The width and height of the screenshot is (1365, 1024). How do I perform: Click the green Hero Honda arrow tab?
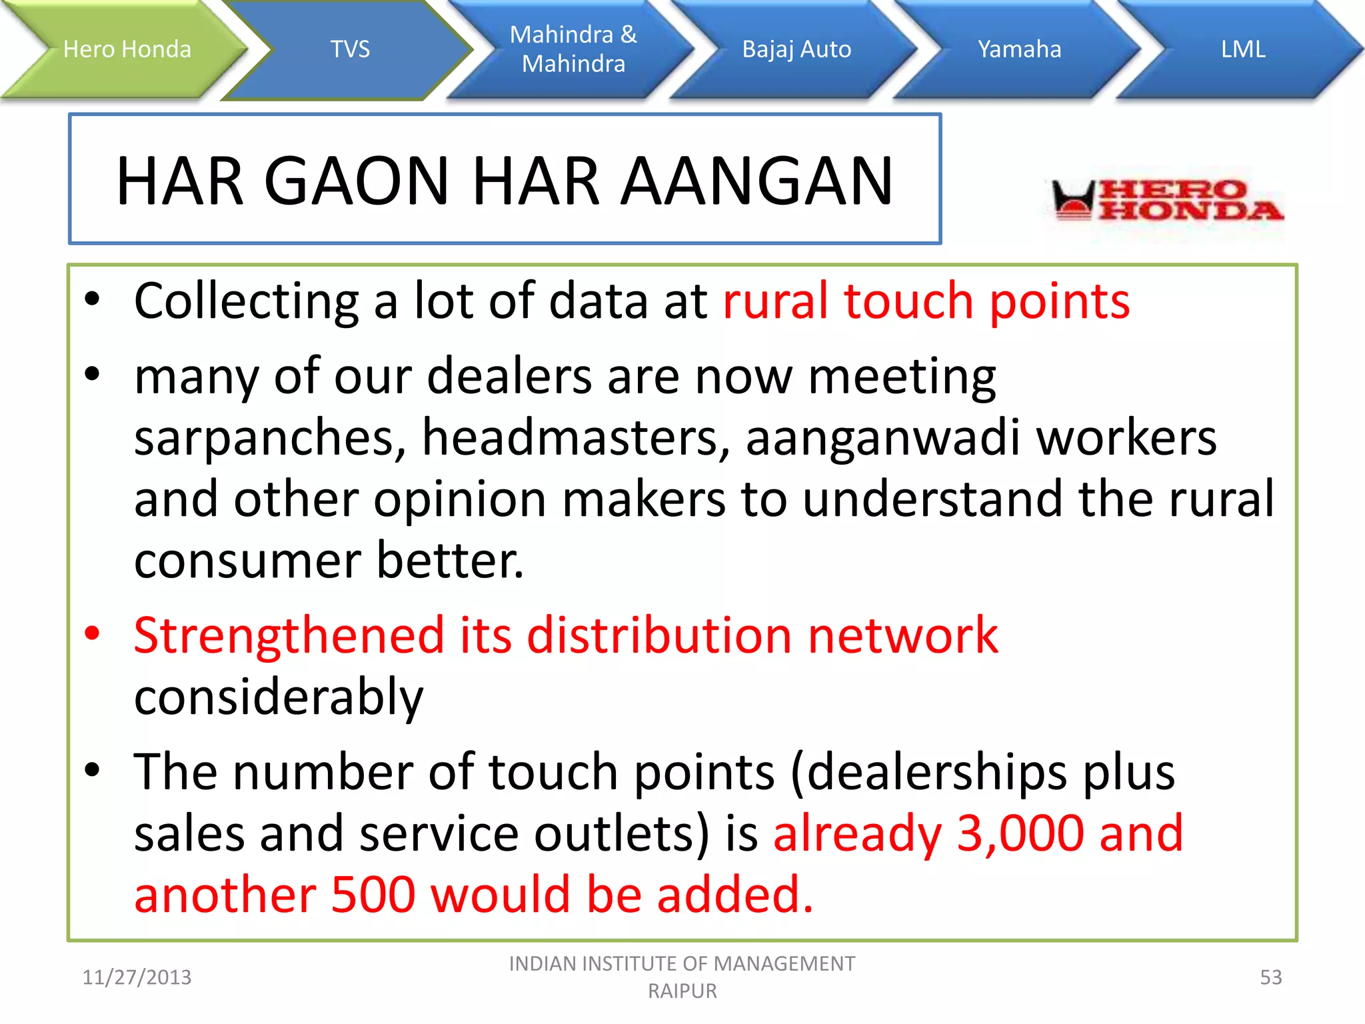(127, 49)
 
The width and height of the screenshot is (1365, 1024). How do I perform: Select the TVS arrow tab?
(350, 49)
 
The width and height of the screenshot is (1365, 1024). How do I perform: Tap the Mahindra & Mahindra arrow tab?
(573, 49)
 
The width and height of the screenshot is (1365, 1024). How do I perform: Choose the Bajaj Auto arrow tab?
(796, 49)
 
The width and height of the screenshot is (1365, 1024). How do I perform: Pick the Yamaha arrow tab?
(1019, 49)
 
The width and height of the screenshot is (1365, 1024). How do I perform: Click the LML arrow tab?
(1242, 49)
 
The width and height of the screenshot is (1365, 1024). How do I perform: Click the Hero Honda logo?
(1166, 200)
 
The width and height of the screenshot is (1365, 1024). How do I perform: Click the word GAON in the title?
(357, 181)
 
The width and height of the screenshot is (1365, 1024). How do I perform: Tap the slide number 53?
(1270, 977)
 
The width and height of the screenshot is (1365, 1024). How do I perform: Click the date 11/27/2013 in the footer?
(137, 977)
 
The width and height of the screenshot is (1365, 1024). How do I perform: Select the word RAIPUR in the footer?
(682, 991)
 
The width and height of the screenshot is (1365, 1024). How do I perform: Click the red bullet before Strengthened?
(93, 634)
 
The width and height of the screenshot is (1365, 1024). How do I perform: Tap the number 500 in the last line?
(373, 895)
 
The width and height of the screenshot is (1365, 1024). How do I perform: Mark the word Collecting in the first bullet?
(246, 301)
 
